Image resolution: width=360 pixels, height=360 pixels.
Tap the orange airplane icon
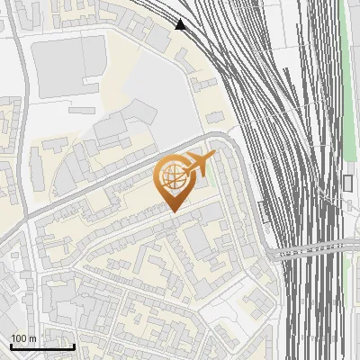(199, 164)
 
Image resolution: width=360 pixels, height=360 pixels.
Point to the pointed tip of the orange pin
(173, 211)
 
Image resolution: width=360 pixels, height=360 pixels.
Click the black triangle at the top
(181, 24)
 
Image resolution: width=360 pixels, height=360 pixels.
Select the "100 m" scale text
(24, 338)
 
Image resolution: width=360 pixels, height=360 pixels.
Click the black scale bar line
(42, 346)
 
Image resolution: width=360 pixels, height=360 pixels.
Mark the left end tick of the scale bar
(11, 346)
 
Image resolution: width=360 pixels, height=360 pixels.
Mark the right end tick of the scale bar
(74, 346)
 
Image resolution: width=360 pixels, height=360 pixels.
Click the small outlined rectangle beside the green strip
(348, 183)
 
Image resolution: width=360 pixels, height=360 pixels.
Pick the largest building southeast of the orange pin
(199, 238)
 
